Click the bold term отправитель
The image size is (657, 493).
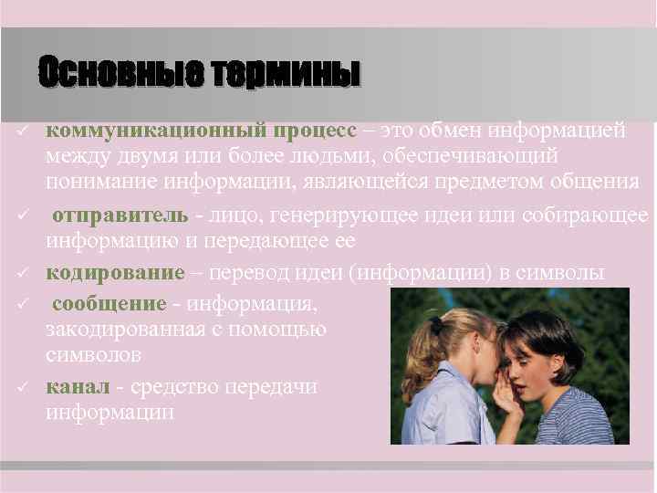tap(119, 215)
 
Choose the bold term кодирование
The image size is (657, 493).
tap(115, 272)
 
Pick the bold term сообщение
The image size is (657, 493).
tap(109, 302)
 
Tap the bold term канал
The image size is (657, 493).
tap(78, 386)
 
